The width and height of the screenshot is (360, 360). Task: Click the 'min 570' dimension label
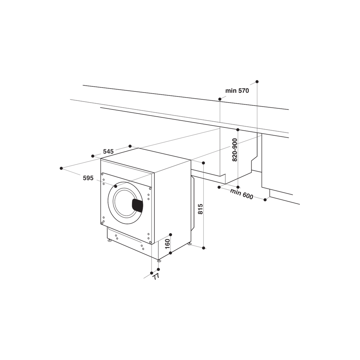pos(237,91)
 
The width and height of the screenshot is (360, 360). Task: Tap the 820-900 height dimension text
pos(235,150)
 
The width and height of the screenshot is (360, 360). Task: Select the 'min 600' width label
pos(242,193)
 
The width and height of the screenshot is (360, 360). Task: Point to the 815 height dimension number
pos(201,209)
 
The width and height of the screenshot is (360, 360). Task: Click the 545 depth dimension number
pos(108,152)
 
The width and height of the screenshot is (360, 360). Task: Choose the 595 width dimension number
pos(88,178)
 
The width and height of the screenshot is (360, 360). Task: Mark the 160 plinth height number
pos(167,244)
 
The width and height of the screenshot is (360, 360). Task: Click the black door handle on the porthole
pos(137,205)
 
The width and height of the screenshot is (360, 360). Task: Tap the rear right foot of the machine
pos(189,244)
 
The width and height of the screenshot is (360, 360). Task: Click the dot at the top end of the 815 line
pos(203,163)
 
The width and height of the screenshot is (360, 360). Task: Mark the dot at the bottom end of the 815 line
pos(203,248)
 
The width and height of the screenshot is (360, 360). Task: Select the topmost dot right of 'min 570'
pos(257,82)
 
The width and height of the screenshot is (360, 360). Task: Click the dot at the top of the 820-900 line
pos(238,129)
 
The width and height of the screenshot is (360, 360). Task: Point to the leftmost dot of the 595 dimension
pos(62,168)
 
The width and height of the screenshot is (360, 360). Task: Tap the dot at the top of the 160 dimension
pos(171,234)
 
